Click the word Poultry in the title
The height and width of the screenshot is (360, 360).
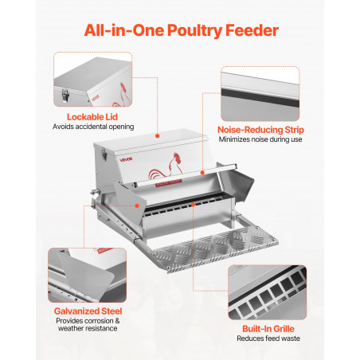(195, 30)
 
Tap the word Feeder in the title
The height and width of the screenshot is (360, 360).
(252, 30)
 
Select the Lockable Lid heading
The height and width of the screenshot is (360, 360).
(92, 117)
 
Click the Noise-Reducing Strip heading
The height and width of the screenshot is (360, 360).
(260, 130)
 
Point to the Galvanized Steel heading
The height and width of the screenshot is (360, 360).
(88, 311)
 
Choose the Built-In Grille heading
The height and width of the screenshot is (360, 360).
(268, 329)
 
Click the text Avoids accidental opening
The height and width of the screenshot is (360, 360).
(93, 127)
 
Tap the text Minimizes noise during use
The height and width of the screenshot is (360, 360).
(260, 139)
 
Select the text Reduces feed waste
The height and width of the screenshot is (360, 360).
(268, 338)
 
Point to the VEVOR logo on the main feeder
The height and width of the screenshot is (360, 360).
(126, 160)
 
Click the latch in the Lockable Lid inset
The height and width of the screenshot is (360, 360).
(65, 96)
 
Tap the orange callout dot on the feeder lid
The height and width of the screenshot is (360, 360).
(157, 136)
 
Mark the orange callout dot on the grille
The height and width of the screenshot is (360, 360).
(193, 205)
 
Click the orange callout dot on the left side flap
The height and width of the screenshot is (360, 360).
(137, 205)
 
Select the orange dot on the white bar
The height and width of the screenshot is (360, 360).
(202, 173)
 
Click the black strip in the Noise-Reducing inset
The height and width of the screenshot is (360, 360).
(260, 98)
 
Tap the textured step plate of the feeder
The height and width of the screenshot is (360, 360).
(213, 249)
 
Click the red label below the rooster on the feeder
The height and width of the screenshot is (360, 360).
(168, 182)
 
